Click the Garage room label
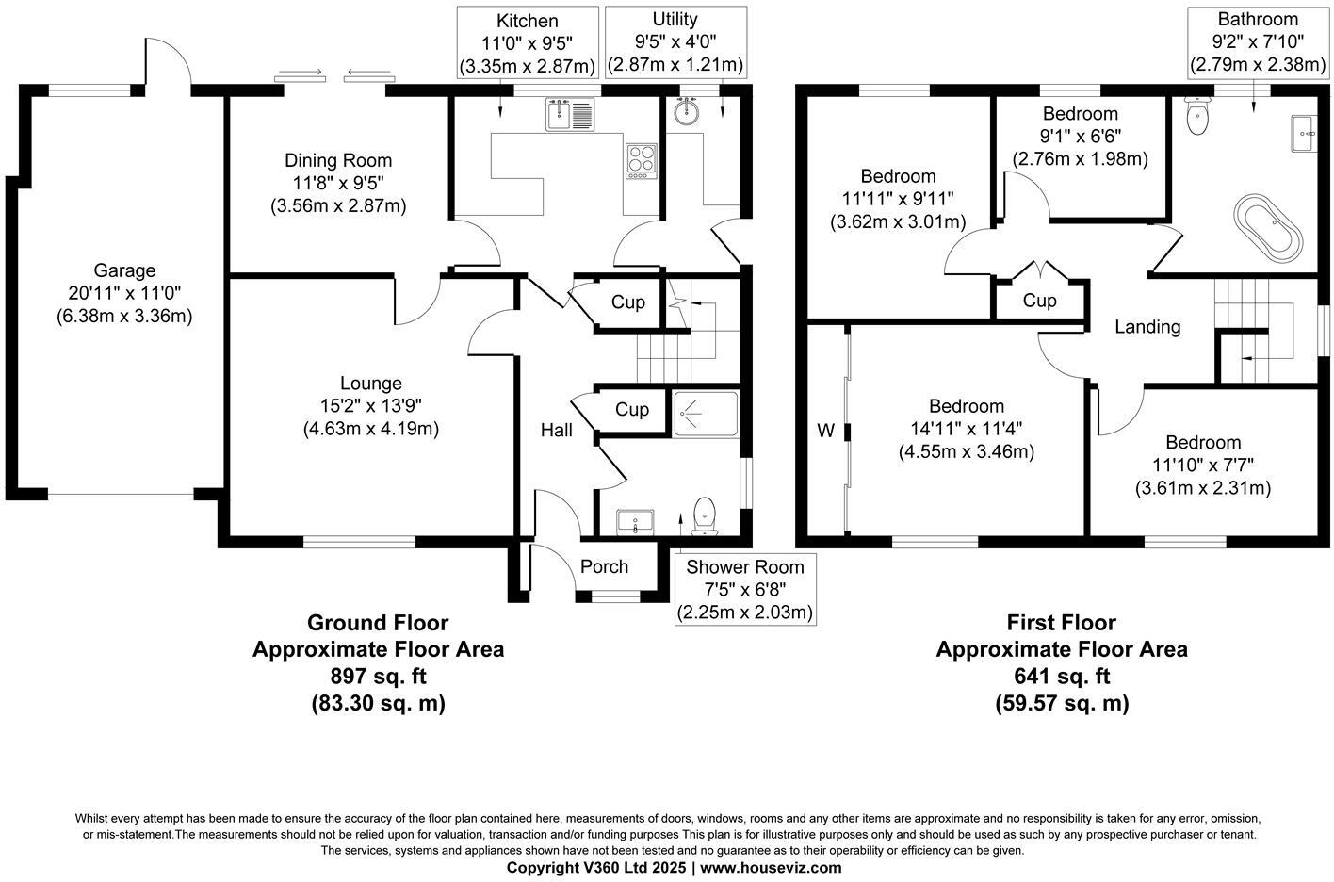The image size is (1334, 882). [124, 271]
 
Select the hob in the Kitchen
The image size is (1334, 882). [640, 160]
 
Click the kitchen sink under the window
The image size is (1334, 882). [570, 115]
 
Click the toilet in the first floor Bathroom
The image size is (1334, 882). [1198, 117]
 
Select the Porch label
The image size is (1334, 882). [604, 566]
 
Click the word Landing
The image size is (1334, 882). [1147, 327]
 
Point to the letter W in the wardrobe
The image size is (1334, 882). [825, 431]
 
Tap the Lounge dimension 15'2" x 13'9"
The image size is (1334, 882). [370, 406]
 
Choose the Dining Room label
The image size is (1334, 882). [338, 160]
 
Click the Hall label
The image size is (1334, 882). [556, 431]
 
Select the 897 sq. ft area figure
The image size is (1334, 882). [377, 676]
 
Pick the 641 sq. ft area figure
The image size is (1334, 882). [1062, 676]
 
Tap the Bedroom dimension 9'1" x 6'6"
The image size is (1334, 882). [1081, 137]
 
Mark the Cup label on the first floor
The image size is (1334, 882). [1040, 301]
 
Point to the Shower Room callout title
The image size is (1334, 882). [744, 566]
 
